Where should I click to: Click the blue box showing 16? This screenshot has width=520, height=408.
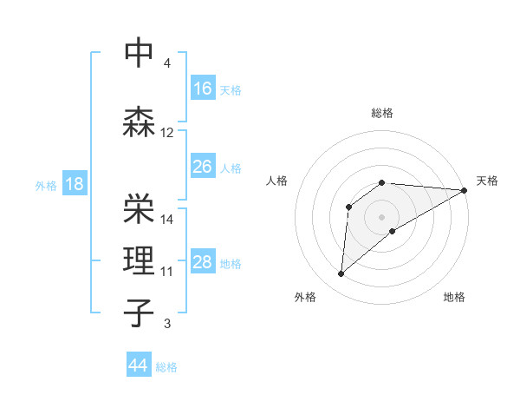(203, 89)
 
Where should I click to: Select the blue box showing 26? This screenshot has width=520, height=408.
(203, 167)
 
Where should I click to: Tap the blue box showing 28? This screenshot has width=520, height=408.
(203, 262)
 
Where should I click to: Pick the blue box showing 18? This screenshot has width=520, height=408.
(74, 184)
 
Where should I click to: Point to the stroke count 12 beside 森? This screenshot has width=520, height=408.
(167, 133)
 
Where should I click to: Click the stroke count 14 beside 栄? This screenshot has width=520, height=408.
(167, 219)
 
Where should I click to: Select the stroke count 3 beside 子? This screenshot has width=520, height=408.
(167, 325)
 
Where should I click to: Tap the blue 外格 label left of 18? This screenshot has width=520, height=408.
(46, 185)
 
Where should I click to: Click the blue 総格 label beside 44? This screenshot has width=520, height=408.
(166, 367)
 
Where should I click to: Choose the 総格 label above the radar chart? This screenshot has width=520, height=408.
(381, 113)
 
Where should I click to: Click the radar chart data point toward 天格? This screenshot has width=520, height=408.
(465, 190)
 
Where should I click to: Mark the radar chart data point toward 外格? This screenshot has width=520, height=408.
(341, 274)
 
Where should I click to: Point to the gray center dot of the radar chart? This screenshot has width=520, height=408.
(381, 216)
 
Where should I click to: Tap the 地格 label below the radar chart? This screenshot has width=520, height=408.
(454, 298)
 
